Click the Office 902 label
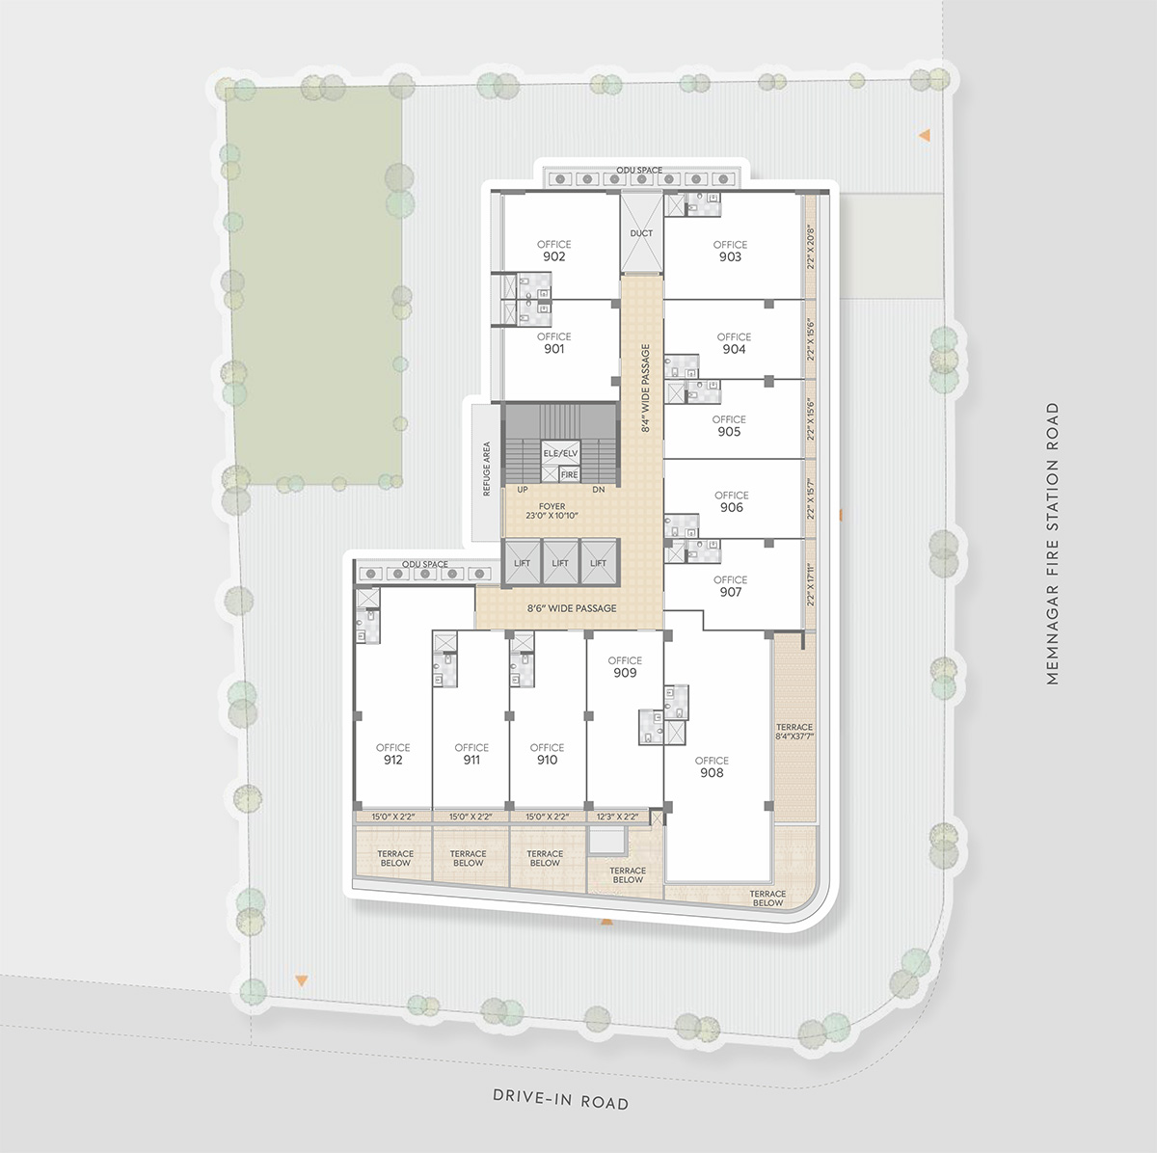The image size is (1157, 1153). pyautogui.click(x=553, y=251)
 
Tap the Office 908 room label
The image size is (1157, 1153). pyautogui.click(x=712, y=766)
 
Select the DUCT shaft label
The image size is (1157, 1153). pyautogui.click(x=641, y=233)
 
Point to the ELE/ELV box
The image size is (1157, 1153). pyautogui.click(x=560, y=453)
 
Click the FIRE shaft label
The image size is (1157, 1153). pyautogui.click(x=569, y=474)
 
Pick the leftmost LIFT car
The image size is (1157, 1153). pyautogui.click(x=522, y=562)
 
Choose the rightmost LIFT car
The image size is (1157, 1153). pyautogui.click(x=598, y=562)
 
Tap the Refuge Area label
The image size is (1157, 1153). pyautogui.click(x=487, y=469)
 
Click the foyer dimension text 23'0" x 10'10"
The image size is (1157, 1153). pyautogui.click(x=552, y=515)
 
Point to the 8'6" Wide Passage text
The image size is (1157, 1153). pyautogui.click(x=572, y=608)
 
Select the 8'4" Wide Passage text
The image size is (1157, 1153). pyautogui.click(x=645, y=388)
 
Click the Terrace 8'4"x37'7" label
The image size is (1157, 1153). pyautogui.click(x=794, y=732)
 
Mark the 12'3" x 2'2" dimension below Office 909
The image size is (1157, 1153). pyautogui.click(x=617, y=817)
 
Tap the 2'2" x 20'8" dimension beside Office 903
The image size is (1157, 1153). pyautogui.click(x=811, y=247)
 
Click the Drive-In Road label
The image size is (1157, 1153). pyautogui.click(x=560, y=1098)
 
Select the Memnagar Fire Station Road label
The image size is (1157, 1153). pyautogui.click(x=1052, y=544)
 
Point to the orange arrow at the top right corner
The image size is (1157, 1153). pyautogui.click(x=926, y=135)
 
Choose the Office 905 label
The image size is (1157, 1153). pyautogui.click(x=729, y=425)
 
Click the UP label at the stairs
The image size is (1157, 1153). pyautogui.click(x=523, y=490)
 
